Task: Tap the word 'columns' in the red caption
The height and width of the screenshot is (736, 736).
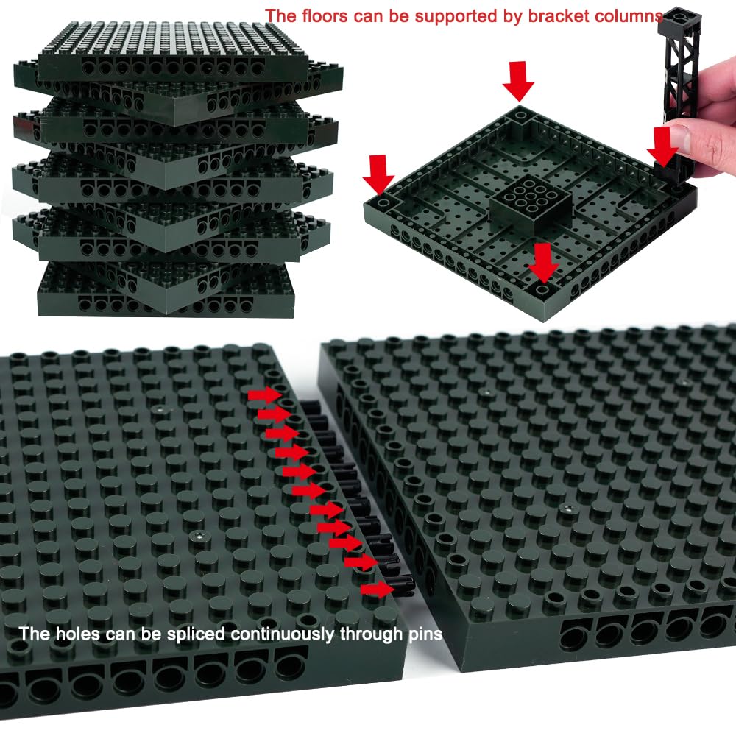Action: pyautogui.click(x=629, y=16)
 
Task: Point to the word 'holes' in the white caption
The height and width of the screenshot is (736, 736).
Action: pyautogui.click(x=78, y=634)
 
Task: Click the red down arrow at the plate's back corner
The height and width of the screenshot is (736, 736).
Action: pyautogui.click(x=518, y=80)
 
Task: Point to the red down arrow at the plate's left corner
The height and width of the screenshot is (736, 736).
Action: pyautogui.click(x=378, y=174)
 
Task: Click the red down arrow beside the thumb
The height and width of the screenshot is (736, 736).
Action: pyautogui.click(x=662, y=146)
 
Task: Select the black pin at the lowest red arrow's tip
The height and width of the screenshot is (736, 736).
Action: pyautogui.click(x=403, y=585)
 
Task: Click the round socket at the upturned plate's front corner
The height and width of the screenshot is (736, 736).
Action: pyautogui.click(x=542, y=289)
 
